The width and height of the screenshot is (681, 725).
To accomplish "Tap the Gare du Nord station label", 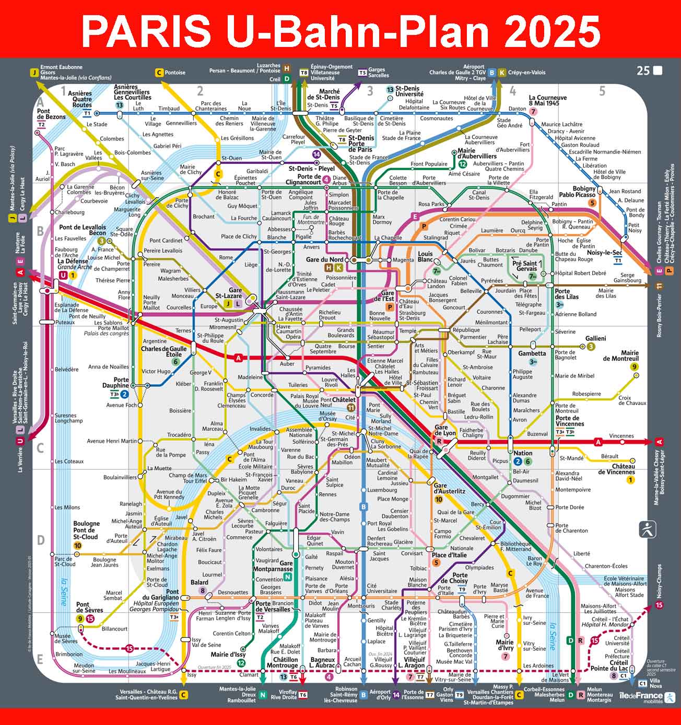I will point(325,260).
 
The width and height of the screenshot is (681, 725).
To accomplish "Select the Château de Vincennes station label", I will point(616,469).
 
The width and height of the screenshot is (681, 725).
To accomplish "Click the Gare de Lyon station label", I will point(445,431).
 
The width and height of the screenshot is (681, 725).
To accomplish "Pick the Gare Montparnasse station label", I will point(279,566).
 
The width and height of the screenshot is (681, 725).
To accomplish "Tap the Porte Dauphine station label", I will point(115,383).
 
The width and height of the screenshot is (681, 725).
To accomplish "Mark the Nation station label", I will point(522,453).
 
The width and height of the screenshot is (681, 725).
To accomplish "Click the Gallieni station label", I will point(595,339).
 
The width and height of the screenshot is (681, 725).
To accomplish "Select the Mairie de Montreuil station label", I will point(620,355).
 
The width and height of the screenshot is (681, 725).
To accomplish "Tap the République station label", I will point(466,330).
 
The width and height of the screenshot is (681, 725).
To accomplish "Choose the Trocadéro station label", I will point(179,435).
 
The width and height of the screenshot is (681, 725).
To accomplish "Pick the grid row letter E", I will point(40,659).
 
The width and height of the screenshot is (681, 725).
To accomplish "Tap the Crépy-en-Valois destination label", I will point(526,73).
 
